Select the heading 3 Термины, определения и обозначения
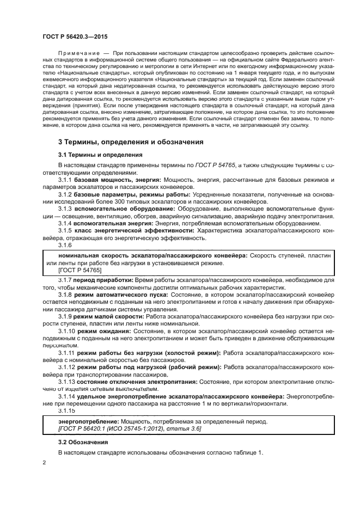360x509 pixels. [131, 142]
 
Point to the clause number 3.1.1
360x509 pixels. [65, 179]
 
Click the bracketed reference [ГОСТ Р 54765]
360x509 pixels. [80, 270]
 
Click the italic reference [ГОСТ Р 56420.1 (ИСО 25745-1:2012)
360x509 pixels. [114, 429]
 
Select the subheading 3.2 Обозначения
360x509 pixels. [81, 443]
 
